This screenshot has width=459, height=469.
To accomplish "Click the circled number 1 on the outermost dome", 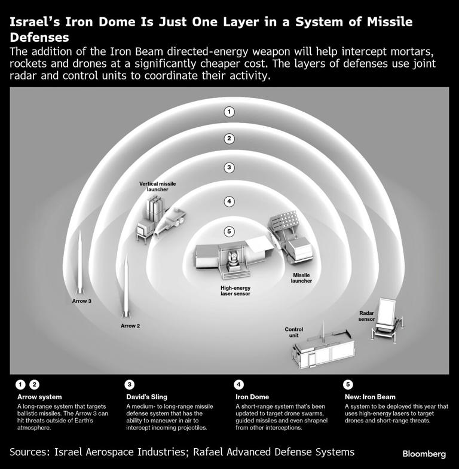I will point(228,112).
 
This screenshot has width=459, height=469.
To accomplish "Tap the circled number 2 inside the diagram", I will point(228,139).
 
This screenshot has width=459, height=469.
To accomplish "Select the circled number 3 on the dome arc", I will point(228,167).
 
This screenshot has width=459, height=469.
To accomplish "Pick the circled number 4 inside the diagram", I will point(228,201).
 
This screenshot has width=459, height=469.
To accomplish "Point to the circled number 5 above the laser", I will point(228,231).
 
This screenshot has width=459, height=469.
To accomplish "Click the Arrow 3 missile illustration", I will point(79,263).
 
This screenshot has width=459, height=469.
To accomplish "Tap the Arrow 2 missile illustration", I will point(126,287).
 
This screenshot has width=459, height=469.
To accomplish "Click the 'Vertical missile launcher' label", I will point(157,186).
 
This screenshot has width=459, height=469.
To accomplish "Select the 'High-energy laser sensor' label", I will point(235,290).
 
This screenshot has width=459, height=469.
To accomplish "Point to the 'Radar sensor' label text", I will point(367,315).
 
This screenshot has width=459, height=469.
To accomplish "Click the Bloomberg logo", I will point(424,454).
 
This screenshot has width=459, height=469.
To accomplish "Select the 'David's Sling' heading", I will point(146,397).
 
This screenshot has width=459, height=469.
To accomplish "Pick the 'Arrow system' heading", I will point(39,397).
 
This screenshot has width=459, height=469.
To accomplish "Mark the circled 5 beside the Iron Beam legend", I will point(349,384).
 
